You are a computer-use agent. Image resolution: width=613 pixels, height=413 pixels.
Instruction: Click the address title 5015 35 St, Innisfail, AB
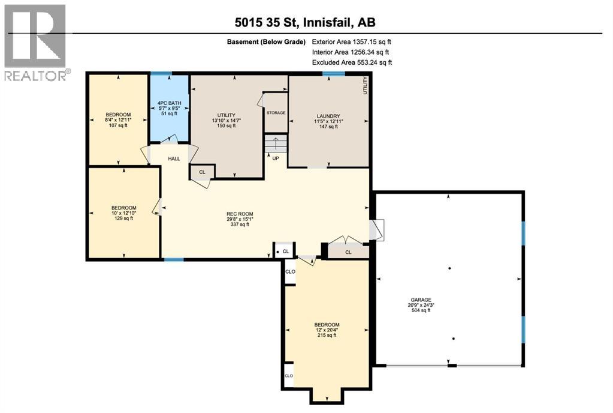[306, 22]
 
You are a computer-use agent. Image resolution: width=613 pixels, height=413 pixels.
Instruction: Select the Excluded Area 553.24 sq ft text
[352, 62]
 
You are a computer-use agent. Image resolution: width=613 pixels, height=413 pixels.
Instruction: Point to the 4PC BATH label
[168, 103]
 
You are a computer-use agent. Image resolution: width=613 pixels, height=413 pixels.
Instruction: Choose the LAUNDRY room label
[328, 116]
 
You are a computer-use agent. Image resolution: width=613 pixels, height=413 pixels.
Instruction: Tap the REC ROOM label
[240, 214]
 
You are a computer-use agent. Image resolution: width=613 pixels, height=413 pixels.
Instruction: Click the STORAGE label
[276, 113]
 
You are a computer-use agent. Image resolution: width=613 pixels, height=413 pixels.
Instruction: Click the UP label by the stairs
[276, 158]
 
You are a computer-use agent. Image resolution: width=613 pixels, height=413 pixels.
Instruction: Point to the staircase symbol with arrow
[276, 144]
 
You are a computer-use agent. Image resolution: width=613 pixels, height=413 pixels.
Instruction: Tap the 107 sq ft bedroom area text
[118, 125]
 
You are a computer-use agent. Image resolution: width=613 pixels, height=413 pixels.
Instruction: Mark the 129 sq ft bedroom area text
[124, 219]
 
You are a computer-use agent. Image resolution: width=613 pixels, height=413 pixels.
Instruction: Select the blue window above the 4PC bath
[161, 73]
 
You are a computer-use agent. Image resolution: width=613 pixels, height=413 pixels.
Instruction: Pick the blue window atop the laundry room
[333, 73]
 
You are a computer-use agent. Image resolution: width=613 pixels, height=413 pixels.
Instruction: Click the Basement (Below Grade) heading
[266, 42]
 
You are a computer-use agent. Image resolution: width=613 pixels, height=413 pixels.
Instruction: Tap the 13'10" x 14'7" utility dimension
[227, 121]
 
